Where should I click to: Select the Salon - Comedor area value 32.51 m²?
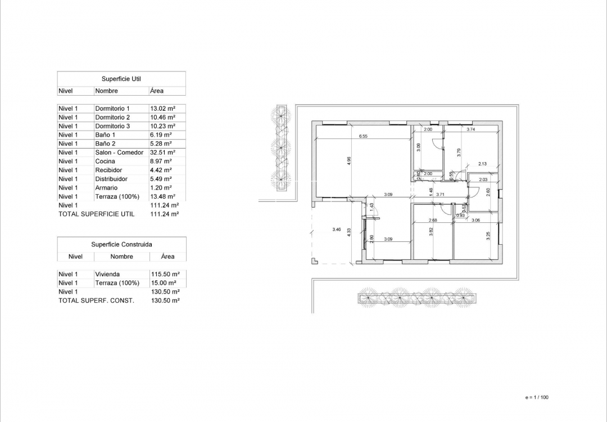(163, 152)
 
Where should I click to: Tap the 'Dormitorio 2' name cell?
(112, 117)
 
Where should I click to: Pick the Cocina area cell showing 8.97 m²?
(161, 161)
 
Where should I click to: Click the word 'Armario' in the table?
(106, 188)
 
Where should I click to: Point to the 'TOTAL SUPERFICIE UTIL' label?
(97, 214)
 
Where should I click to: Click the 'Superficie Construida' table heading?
(121, 245)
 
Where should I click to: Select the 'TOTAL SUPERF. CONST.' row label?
(96, 301)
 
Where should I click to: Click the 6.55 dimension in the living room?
(363, 136)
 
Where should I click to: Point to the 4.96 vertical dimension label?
(349, 161)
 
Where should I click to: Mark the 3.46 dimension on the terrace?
(337, 230)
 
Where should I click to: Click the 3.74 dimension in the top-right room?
(471, 129)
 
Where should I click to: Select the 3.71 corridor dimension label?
(441, 195)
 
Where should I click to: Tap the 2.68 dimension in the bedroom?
(433, 220)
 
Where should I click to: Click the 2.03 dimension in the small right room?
(483, 179)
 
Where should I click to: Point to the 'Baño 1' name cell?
(105, 135)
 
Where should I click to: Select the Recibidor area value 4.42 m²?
(161, 170)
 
